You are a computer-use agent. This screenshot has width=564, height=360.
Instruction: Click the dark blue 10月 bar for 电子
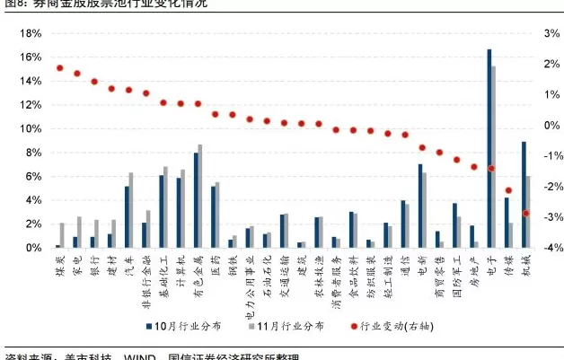489,148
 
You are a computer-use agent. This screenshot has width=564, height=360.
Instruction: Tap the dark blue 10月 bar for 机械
524,194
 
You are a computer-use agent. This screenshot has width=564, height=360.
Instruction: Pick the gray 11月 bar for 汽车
131,209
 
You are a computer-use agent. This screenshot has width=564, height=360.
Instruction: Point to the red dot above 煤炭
59,68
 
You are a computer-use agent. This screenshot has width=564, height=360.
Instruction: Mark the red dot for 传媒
508,190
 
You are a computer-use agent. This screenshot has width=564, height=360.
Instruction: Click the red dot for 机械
525,213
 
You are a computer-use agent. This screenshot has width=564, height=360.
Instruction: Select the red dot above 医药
215,114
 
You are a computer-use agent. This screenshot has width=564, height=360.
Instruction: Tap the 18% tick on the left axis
30,33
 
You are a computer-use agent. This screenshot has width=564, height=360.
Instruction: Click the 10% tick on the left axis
30,128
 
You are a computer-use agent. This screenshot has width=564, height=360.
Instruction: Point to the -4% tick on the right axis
551,248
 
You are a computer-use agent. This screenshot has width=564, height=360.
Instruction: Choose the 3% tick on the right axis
551,33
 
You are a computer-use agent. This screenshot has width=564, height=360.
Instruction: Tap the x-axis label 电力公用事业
249,277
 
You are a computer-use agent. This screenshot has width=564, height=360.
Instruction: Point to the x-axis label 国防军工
456,271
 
